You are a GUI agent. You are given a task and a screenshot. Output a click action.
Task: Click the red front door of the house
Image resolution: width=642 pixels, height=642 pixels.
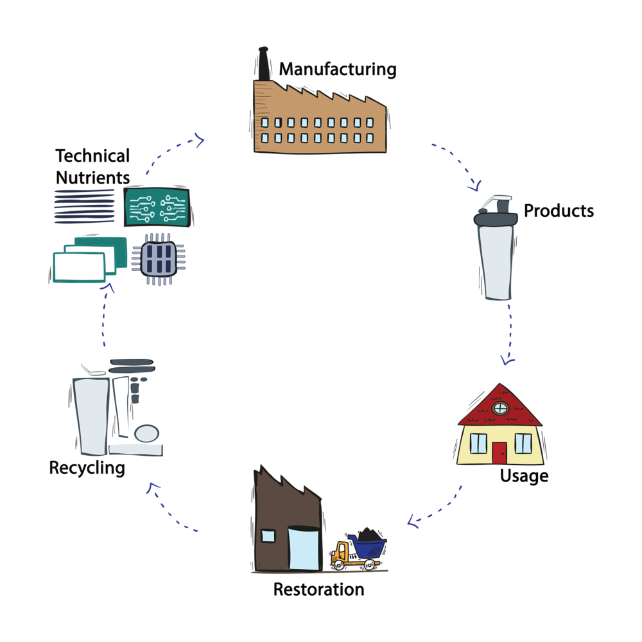click(499, 452)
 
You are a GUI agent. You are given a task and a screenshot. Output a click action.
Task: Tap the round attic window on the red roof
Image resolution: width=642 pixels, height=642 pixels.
click(500, 408)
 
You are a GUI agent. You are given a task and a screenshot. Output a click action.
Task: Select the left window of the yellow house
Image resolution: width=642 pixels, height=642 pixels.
click(478, 443)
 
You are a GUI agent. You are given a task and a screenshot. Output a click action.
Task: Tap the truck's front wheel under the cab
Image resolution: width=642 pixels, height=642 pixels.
click(338, 566)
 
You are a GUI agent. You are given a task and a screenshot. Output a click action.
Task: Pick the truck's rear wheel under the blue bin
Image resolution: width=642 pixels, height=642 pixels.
click(369, 565)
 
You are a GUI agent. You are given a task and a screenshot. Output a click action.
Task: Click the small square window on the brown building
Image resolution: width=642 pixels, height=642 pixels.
click(268, 537)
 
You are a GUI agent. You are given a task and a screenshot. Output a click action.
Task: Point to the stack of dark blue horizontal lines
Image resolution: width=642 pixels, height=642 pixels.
click(83, 206)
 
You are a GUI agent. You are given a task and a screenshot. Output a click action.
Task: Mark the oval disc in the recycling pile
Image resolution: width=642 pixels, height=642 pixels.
click(147, 433)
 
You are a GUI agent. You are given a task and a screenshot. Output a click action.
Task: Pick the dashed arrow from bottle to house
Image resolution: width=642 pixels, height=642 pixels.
click(510, 334)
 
